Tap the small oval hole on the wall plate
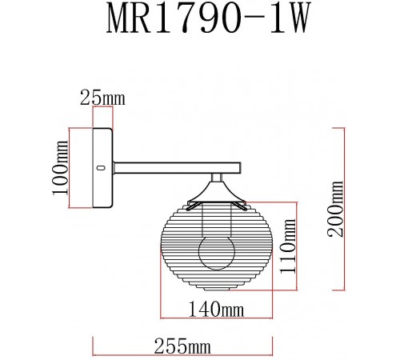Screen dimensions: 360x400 tap(101, 168)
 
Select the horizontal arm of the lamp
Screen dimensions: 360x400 tap(176, 168)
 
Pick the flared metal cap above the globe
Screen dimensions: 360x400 tap(216, 194)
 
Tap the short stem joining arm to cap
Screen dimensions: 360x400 tap(216, 178)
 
